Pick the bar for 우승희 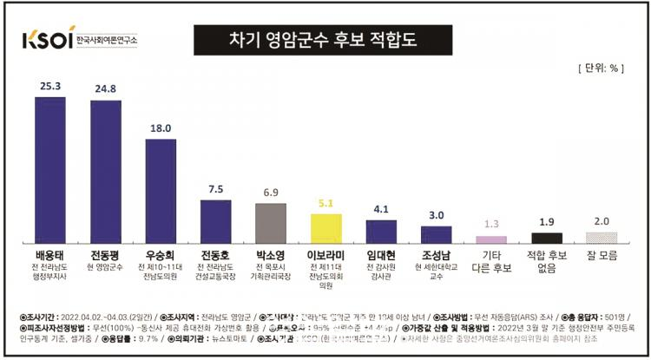tap(161, 190)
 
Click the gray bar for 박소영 tap(271, 222)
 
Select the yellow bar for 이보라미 tap(326, 227)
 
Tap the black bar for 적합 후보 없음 tap(547, 237)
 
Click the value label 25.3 tap(50, 87)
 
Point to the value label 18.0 tap(161, 128)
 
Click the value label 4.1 tap(381, 209)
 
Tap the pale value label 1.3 tap(491, 224)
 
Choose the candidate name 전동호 tap(215, 255)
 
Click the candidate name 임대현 tap(381, 255)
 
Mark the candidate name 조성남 tap(437, 255)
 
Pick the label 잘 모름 tap(602, 256)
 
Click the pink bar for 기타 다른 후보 tap(491, 239)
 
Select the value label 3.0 tap(437, 215)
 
